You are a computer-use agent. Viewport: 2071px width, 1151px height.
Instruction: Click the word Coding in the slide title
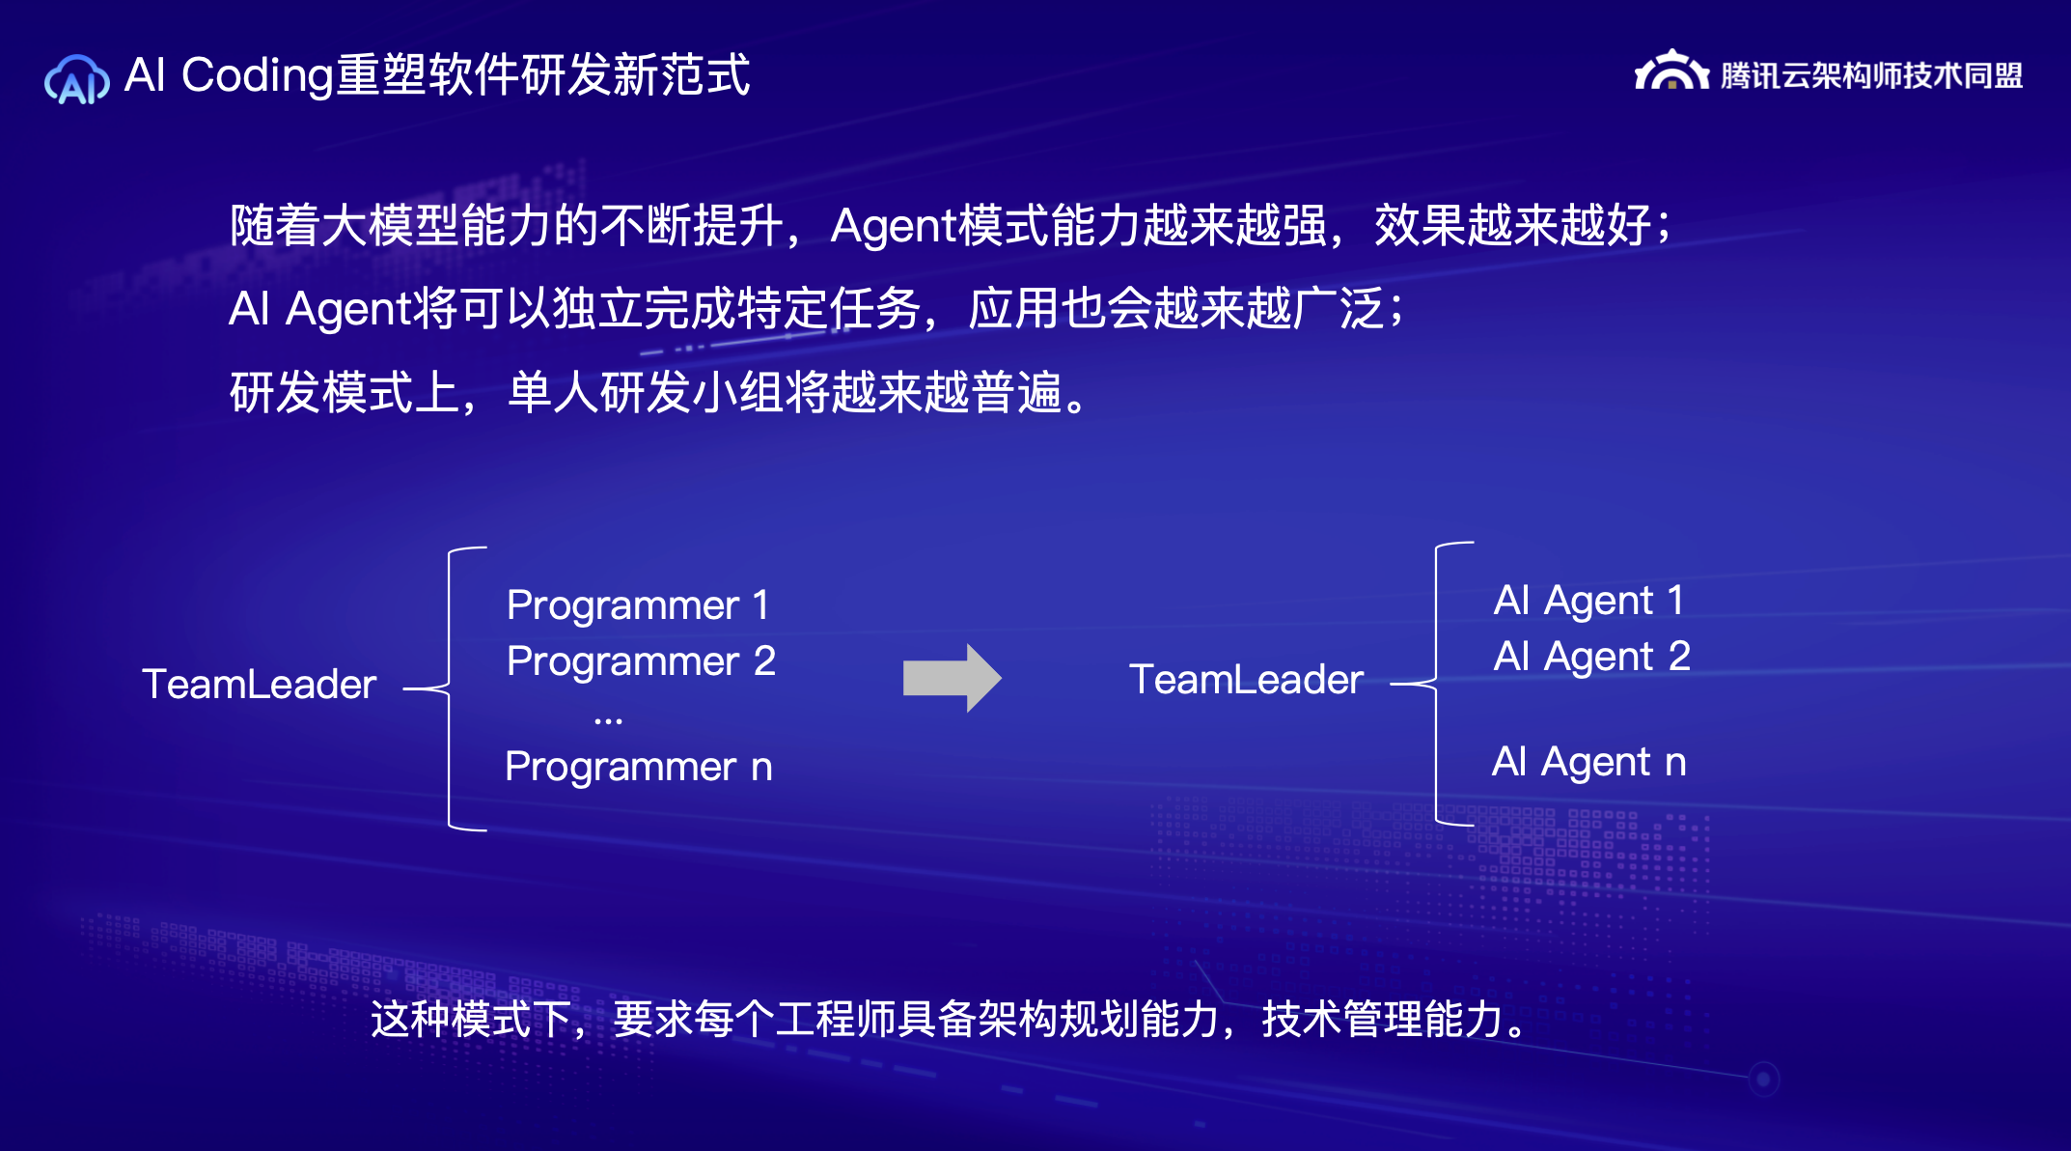pyautogui.click(x=258, y=75)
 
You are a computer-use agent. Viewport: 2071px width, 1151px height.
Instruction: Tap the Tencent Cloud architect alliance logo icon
pyautogui.click(x=1671, y=70)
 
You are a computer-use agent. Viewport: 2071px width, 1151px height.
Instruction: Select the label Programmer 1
pyautogui.click(x=638, y=604)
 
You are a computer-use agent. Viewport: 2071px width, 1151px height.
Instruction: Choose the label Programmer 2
pyautogui.click(x=641, y=660)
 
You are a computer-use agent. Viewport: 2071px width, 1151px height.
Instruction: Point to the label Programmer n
pyautogui.click(x=639, y=766)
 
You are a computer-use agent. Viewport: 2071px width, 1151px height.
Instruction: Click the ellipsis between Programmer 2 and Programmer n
pyautogui.click(x=608, y=720)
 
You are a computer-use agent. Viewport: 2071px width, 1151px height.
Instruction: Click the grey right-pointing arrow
pyautogui.click(x=952, y=678)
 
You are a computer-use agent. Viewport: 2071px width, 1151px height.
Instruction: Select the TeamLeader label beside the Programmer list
pyautogui.click(x=259, y=684)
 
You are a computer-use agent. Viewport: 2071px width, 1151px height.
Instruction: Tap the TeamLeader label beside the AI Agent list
pyautogui.click(x=1246, y=679)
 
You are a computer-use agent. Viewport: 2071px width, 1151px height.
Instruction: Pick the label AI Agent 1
pyautogui.click(x=1588, y=600)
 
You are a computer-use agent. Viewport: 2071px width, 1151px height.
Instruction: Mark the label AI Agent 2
pyautogui.click(x=1591, y=656)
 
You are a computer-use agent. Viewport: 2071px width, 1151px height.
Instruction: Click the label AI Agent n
pyautogui.click(x=1588, y=761)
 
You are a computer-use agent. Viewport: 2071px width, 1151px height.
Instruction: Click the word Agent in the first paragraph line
pyautogui.click(x=893, y=227)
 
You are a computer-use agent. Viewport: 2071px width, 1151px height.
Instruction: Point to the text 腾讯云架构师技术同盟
pyautogui.click(x=1872, y=74)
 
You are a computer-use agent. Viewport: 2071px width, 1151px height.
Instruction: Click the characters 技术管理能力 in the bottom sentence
pyautogui.click(x=1383, y=1019)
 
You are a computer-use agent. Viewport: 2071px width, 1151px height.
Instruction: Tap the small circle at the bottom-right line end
pyautogui.click(x=1763, y=1079)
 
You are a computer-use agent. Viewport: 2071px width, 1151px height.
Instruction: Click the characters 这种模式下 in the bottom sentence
pyautogui.click(x=471, y=1019)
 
